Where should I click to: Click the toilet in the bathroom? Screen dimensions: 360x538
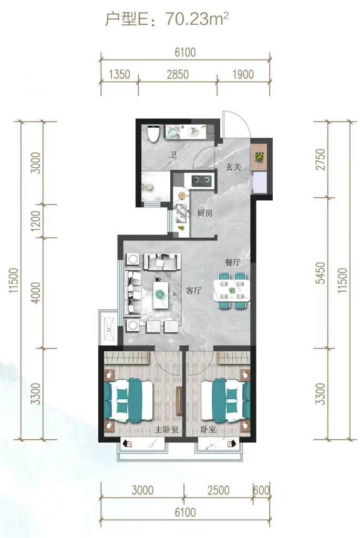(x=153, y=133)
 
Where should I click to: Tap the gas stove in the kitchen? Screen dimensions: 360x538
(x=201, y=180)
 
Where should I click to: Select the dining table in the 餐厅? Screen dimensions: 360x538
(x=231, y=291)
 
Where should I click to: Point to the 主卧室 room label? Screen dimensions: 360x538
(x=166, y=429)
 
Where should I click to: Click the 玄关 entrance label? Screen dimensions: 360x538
(x=233, y=167)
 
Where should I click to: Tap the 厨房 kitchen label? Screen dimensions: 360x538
(x=204, y=213)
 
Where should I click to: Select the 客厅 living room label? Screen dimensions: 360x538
(x=193, y=290)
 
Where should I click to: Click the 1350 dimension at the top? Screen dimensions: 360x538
(x=119, y=75)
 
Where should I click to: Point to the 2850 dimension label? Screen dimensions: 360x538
(x=178, y=75)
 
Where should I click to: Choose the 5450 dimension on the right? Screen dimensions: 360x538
(x=320, y=272)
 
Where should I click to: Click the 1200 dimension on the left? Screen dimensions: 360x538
(x=36, y=220)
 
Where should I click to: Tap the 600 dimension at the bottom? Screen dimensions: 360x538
(x=261, y=490)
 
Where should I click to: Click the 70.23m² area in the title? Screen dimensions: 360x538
(x=197, y=19)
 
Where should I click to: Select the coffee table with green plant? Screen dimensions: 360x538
(x=163, y=295)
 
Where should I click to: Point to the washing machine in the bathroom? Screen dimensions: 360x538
(x=173, y=132)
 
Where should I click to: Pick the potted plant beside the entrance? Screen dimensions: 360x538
(x=260, y=157)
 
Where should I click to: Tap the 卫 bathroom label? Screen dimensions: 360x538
(x=173, y=155)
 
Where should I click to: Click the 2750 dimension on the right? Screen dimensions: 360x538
(x=320, y=159)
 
